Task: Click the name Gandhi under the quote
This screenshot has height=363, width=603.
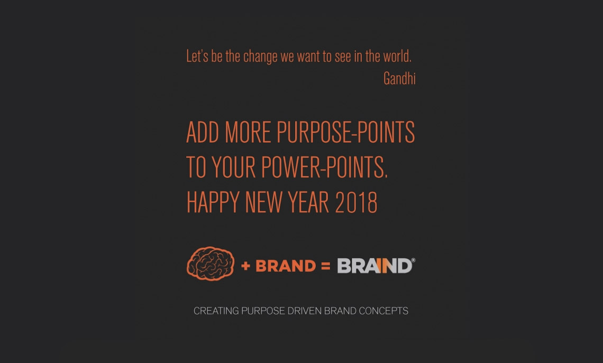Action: [x=399, y=78]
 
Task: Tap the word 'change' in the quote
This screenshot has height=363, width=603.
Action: [x=260, y=57]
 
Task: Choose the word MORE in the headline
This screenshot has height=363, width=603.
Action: [x=248, y=132]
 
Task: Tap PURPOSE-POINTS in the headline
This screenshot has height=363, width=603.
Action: [x=345, y=132]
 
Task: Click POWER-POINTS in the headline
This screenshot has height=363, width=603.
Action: [x=324, y=167]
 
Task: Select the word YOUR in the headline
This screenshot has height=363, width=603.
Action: [x=233, y=167]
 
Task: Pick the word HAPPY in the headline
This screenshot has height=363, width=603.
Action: [x=213, y=202]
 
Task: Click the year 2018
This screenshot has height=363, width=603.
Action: [x=356, y=202]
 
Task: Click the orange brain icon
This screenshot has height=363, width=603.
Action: [x=211, y=264]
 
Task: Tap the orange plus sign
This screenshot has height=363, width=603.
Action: [x=246, y=266]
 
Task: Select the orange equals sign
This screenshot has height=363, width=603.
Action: [x=326, y=266]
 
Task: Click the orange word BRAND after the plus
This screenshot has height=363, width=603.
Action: [x=286, y=266]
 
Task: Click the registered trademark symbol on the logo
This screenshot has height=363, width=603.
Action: [x=413, y=260]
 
